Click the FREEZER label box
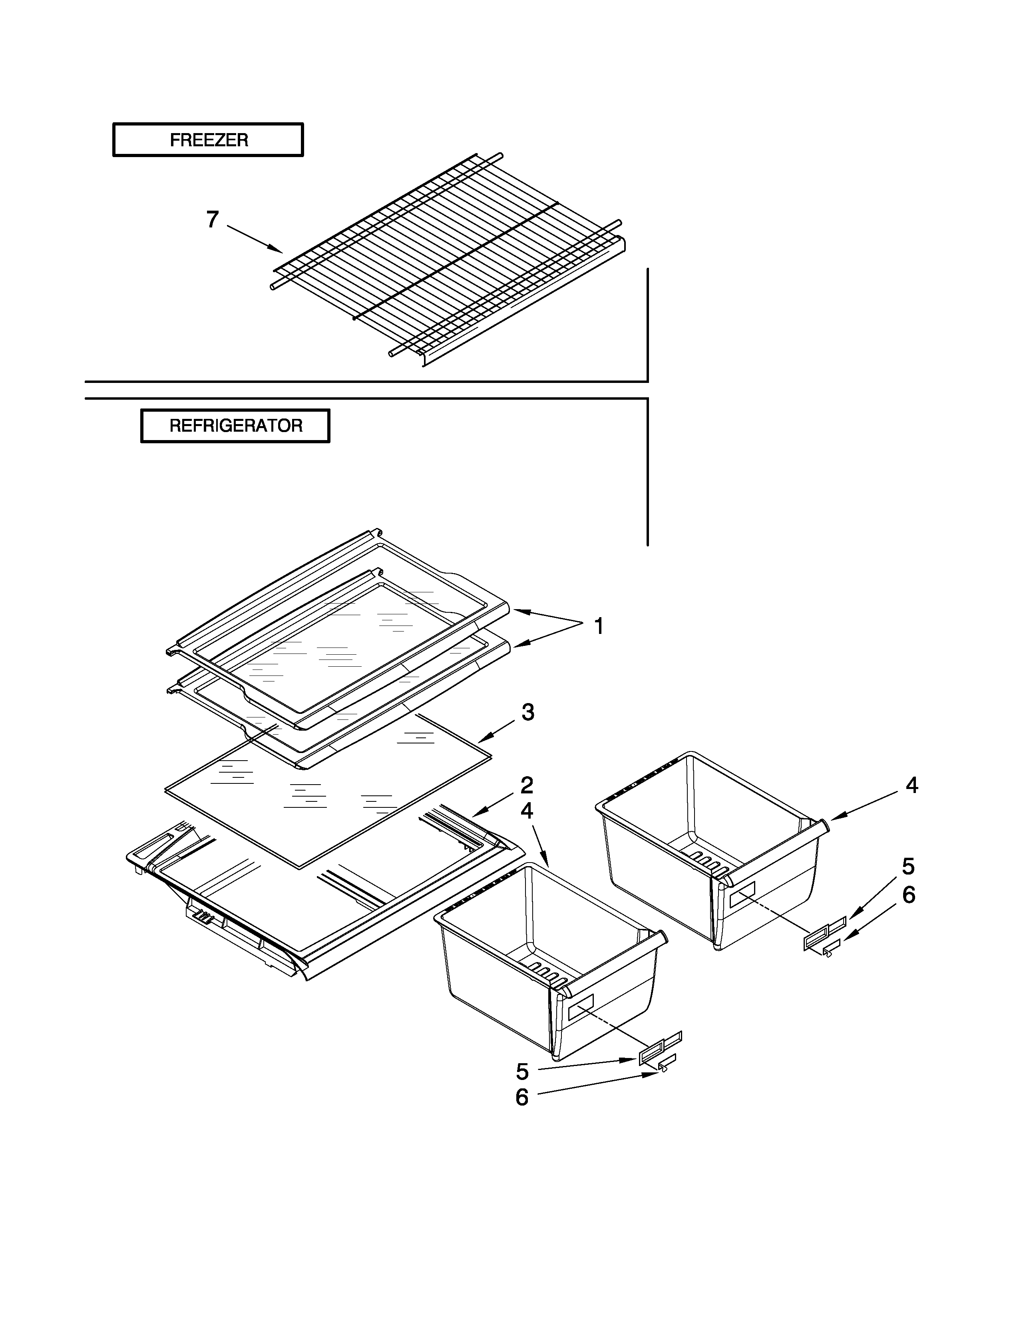point(208,140)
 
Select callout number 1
point(598,626)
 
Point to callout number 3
point(527,713)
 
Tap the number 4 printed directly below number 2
point(526,811)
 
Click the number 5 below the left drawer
point(522,1072)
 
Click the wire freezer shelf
point(447,260)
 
